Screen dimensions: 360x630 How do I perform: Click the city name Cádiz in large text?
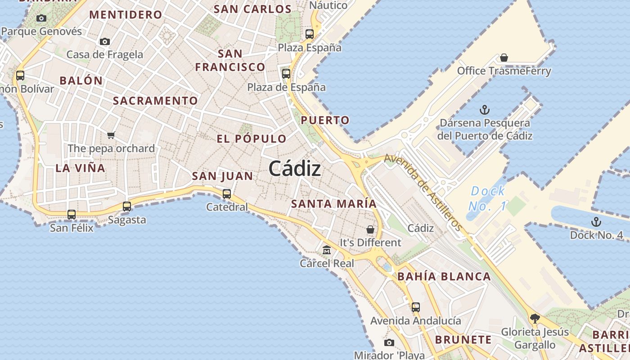click(295, 169)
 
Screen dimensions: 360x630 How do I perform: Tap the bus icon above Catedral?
click(227, 194)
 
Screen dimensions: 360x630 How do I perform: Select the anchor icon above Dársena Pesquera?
click(485, 110)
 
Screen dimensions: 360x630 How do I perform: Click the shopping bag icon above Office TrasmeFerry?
click(504, 58)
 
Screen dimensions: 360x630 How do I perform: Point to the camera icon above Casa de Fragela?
click(105, 41)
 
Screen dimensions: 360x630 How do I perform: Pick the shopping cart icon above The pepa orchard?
click(111, 135)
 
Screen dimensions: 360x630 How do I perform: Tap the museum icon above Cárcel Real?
click(327, 250)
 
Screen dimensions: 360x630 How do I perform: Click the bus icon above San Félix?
click(72, 215)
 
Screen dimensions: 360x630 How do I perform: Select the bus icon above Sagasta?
click(127, 207)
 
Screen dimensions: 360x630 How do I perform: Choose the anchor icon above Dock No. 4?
click(596, 221)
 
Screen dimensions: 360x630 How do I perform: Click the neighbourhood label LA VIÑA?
click(80, 168)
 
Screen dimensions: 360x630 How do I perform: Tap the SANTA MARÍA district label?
click(333, 203)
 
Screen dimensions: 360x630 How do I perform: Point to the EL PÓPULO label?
click(251, 139)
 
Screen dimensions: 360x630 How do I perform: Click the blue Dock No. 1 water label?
click(488, 198)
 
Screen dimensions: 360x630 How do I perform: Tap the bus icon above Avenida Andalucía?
click(416, 307)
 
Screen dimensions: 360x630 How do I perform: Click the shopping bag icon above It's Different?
click(370, 229)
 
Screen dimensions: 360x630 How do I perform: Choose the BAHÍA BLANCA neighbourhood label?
click(444, 276)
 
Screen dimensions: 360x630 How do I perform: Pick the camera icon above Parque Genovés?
click(41, 18)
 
